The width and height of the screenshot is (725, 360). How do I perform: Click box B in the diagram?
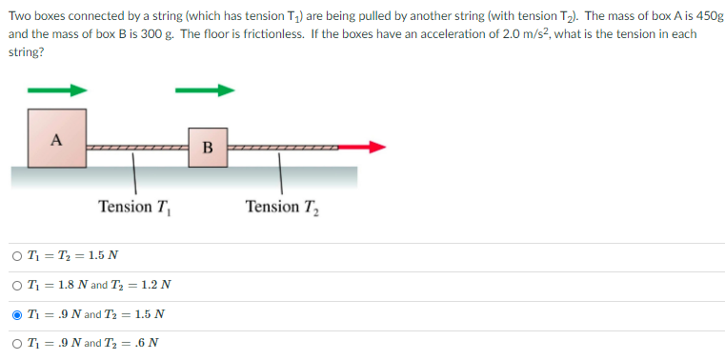click(x=208, y=147)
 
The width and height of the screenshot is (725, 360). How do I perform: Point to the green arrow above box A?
click(x=56, y=91)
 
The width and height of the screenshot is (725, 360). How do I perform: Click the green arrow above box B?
click(x=204, y=91)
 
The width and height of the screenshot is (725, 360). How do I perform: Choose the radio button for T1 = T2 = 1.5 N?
click(x=18, y=255)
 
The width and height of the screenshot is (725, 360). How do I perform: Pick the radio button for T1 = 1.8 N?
click(x=18, y=285)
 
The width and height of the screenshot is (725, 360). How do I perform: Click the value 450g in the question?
click(x=704, y=16)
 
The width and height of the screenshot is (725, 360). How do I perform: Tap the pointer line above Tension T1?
click(x=133, y=176)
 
